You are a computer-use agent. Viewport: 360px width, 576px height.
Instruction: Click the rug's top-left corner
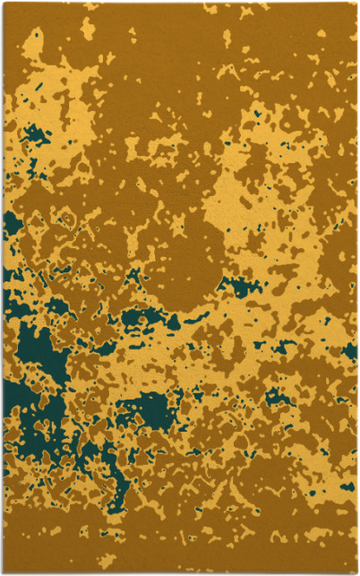coord(4,3)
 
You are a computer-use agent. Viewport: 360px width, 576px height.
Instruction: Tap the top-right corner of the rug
coord(356,3)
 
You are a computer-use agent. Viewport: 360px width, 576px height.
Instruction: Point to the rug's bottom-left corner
coord(4,572)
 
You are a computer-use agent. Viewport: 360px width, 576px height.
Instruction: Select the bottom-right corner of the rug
coord(356,572)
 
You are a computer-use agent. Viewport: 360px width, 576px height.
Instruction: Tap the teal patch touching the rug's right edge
coord(350,350)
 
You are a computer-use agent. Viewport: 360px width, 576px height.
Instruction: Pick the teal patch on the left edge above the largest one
coord(11,224)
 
